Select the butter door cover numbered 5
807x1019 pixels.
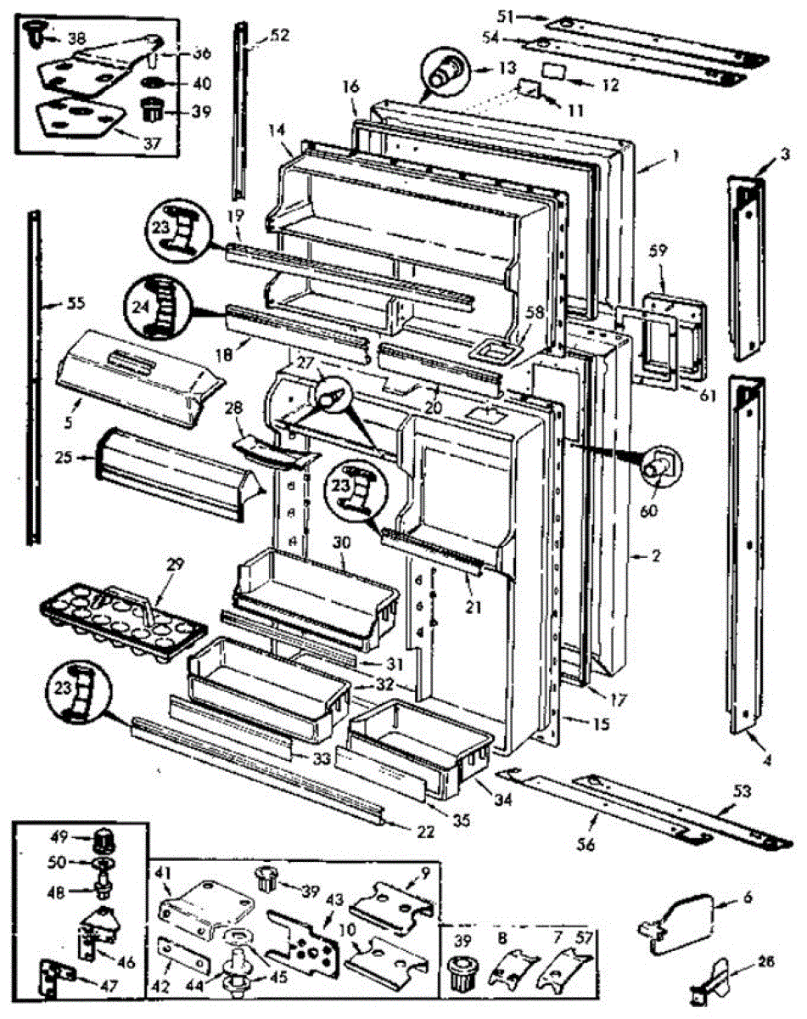pyautogui.click(x=136, y=375)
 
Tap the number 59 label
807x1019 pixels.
pyautogui.click(x=658, y=251)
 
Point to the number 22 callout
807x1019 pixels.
pyautogui.click(x=425, y=833)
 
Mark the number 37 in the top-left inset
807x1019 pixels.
pyautogui.click(x=151, y=144)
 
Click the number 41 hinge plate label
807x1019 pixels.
pyautogui.click(x=163, y=872)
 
